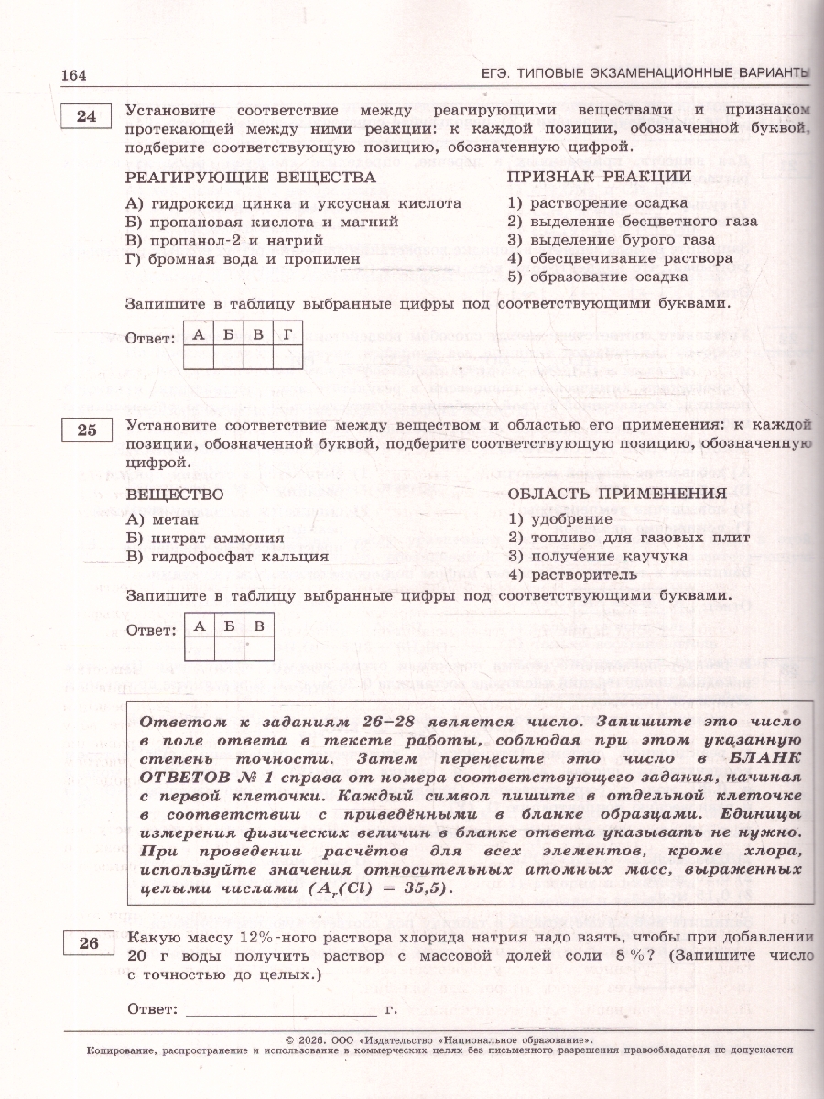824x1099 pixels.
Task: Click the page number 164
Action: pyautogui.click(x=73, y=75)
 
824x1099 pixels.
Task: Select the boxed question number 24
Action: pyautogui.click(x=85, y=117)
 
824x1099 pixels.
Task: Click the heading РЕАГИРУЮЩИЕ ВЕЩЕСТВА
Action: pyautogui.click(x=251, y=177)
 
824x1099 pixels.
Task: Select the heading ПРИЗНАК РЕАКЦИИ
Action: pyautogui.click(x=600, y=177)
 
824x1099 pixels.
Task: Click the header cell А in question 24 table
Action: pyautogui.click(x=199, y=334)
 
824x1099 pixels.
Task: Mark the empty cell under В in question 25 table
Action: pyautogui.click(x=259, y=648)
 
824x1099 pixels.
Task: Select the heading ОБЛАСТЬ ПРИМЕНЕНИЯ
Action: pyautogui.click(x=617, y=494)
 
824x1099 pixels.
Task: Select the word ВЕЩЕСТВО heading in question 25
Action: pyautogui.click(x=175, y=494)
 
